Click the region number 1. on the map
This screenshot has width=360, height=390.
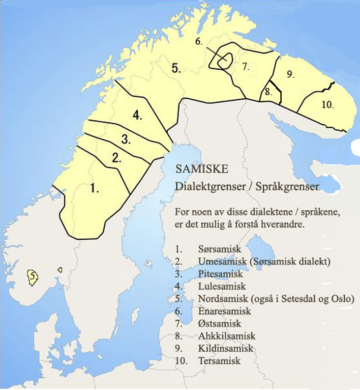95,188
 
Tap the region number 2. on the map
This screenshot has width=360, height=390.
117,158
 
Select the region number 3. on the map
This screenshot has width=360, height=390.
126,139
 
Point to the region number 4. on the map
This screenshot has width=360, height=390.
138,116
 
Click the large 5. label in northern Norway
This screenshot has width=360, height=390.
176,69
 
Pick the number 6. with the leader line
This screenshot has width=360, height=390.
199,42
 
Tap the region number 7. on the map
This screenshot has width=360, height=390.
246,68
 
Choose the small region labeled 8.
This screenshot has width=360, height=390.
268,92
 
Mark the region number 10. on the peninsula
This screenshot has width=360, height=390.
328,104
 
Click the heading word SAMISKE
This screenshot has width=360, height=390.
201,169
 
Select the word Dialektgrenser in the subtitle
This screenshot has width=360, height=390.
201,187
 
